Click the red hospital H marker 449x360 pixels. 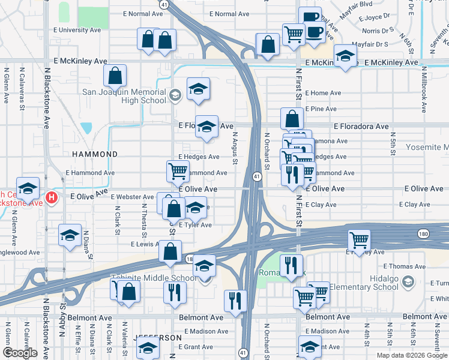pyautogui.click(x=52, y=197)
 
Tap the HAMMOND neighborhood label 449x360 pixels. pyautogui.click(x=95, y=154)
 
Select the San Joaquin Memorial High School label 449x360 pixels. pyautogui.click(x=124, y=96)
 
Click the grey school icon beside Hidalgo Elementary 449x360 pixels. pyautogui.click(x=408, y=282)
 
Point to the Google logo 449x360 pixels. pyautogui.click(x=20, y=353)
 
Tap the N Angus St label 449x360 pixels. pyautogui.click(x=235, y=148)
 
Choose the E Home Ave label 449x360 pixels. pyautogui.click(x=323, y=93)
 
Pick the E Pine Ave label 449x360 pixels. pyautogui.click(x=321, y=109)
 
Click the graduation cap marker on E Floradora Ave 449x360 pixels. pyautogui.click(x=206, y=126)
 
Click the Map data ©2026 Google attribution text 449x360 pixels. pyautogui.click(x=412, y=355)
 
